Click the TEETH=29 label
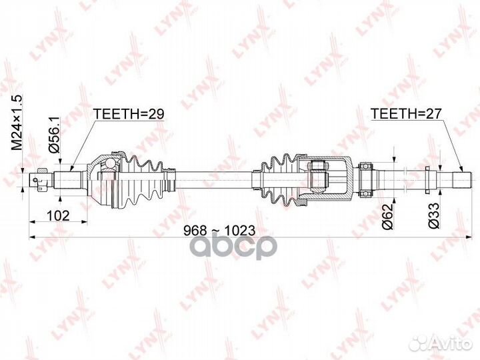[x=129, y=114]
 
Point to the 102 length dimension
[x=57, y=215]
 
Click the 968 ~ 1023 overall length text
[x=220, y=230]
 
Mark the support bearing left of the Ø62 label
[x=365, y=178]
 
